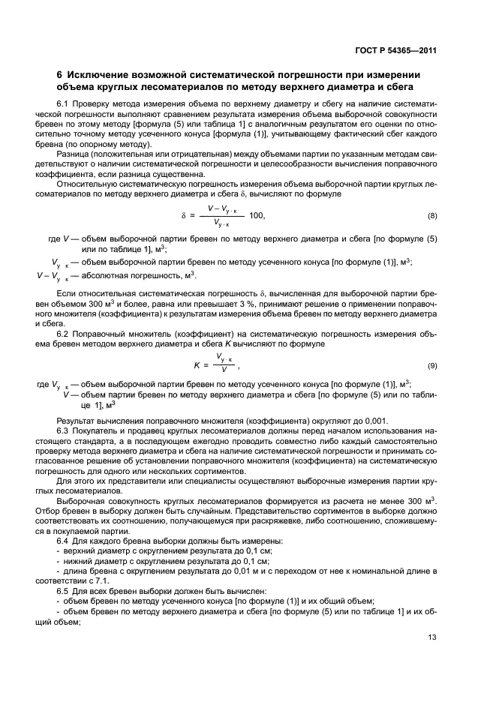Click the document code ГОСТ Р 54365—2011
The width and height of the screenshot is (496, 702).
[x=395, y=51]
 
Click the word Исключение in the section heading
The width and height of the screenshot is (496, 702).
[x=98, y=75]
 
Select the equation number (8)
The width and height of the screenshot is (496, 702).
[x=432, y=216]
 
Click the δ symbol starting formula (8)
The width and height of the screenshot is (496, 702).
[x=182, y=216]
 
